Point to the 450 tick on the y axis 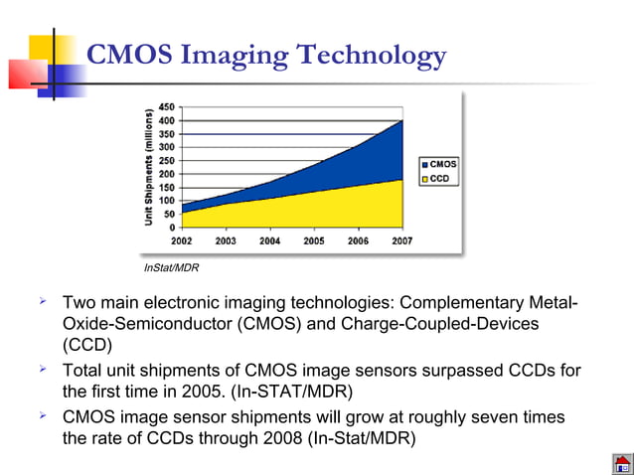pyautogui.click(x=167, y=106)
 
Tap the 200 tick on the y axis pyautogui.click(x=167, y=174)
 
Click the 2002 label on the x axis pyautogui.click(x=182, y=240)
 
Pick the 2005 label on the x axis pyautogui.click(x=314, y=240)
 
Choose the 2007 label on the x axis pyautogui.click(x=401, y=240)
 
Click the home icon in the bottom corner pyautogui.click(x=622, y=463)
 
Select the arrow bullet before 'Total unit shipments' pyautogui.click(x=43, y=370)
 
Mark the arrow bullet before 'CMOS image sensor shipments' pyautogui.click(x=43, y=415)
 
